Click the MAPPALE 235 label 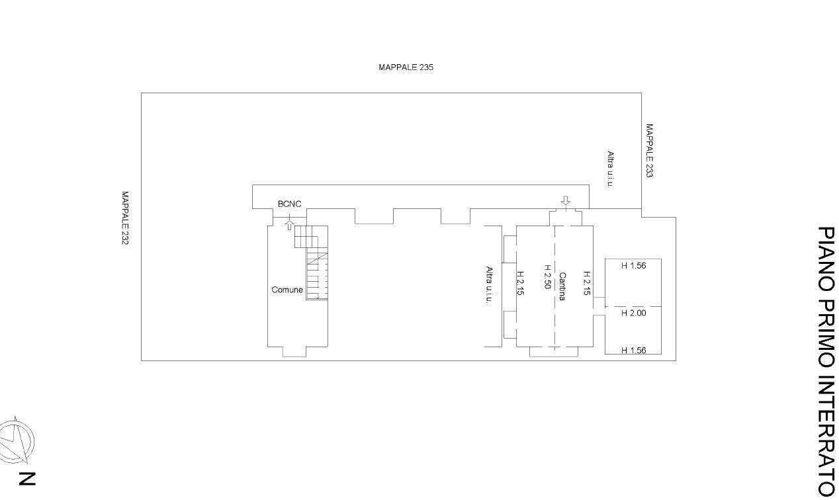tap(406, 67)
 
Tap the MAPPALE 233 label tap(649, 151)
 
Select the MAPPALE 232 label tap(124, 218)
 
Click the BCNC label tap(289, 204)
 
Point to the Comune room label tap(287, 290)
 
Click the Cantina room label tap(562, 286)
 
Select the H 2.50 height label tap(547, 277)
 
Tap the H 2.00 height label tap(633, 313)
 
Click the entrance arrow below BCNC tap(289, 225)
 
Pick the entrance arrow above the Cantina tap(564, 200)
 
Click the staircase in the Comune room tap(316, 263)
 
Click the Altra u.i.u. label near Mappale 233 tap(610, 169)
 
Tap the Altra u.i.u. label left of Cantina tap(489, 285)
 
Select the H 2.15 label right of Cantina tap(586, 282)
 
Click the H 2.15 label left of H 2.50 tap(520, 282)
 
